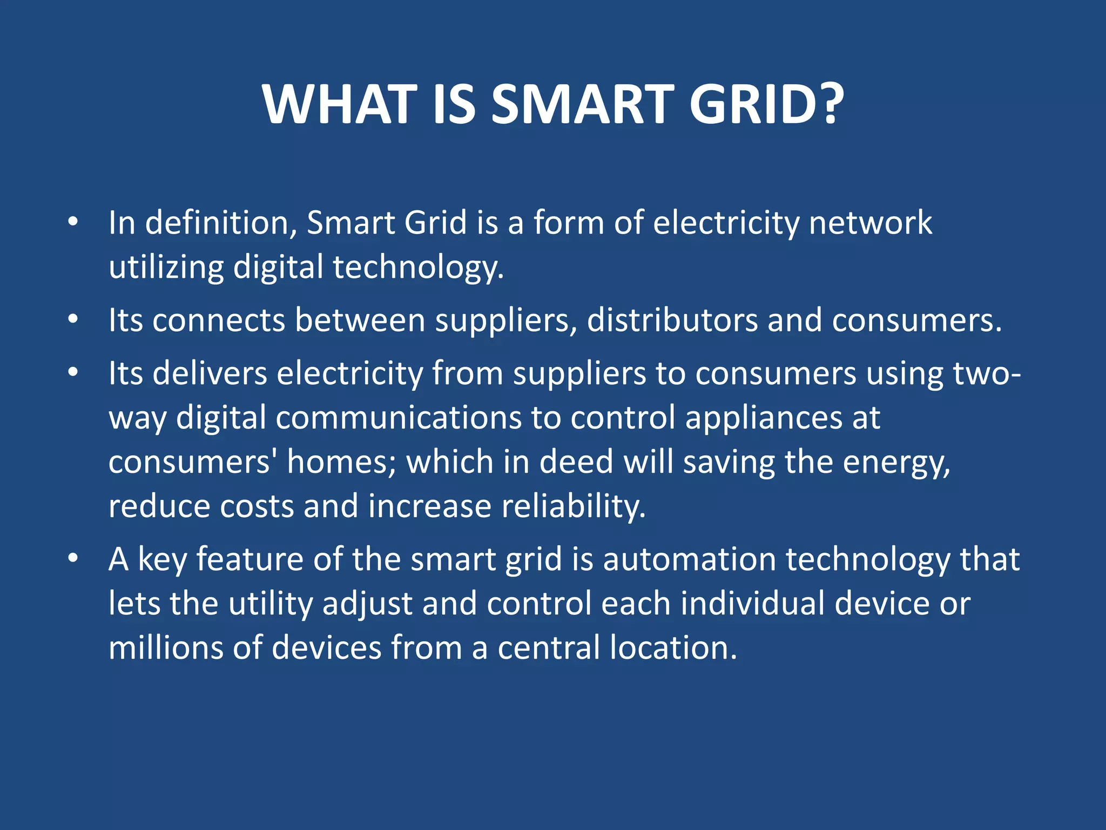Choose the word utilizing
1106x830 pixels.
[166, 267]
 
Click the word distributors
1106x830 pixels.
[672, 320]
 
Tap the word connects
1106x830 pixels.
[218, 320]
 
